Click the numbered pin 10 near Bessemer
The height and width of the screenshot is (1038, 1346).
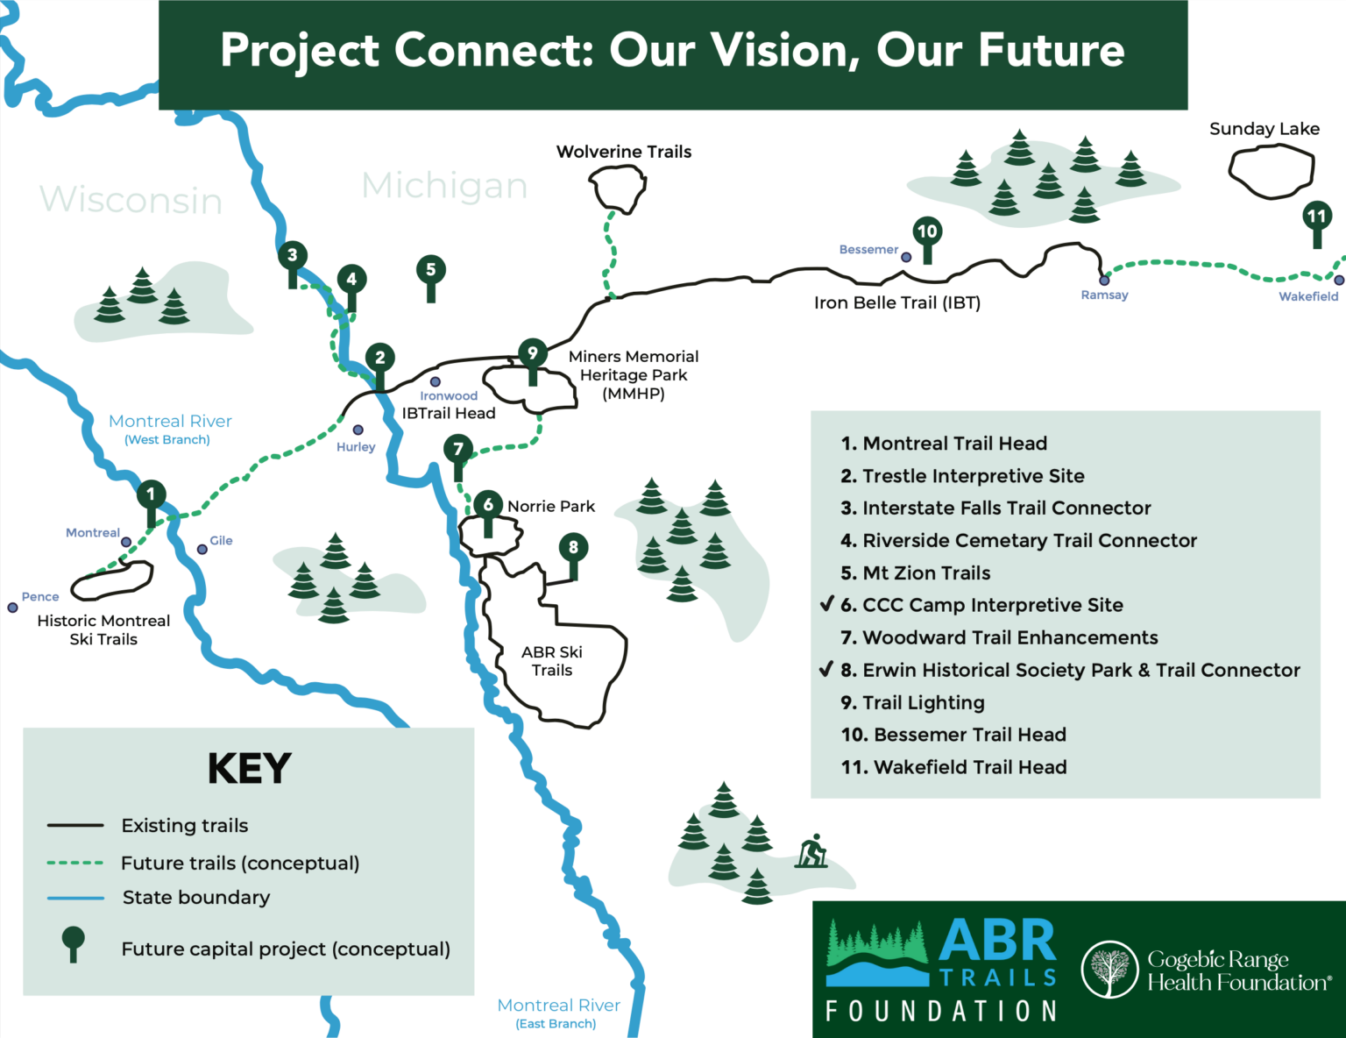click(x=927, y=232)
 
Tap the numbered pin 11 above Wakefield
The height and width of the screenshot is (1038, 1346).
click(x=1316, y=217)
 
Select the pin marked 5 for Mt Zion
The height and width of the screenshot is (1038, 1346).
click(x=430, y=270)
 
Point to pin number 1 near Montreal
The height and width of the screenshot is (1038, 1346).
click(x=151, y=494)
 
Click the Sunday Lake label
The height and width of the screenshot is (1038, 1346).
click(x=1264, y=129)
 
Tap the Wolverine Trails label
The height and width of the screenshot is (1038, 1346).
click(x=623, y=152)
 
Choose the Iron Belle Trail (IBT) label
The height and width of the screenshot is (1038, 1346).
click(x=896, y=303)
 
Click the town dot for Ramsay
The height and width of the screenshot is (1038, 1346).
click(x=1104, y=281)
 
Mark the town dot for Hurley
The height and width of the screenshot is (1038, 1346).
click(x=358, y=430)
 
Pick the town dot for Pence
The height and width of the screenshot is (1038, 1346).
click(x=12, y=608)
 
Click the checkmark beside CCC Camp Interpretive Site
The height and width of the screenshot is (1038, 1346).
click(x=826, y=604)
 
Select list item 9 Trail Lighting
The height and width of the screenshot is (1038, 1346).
click(x=912, y=702)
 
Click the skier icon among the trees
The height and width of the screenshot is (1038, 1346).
click(x=812, y=851)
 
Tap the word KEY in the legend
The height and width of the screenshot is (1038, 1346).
click(x=249, y=769)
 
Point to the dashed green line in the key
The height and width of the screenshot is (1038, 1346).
click(x=75, y=863)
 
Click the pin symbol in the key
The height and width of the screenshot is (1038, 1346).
click(x=74, y=943)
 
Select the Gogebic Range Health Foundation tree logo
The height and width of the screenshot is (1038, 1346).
click(x=1109, y=970)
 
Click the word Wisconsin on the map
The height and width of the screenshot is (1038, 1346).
click(x=131, y=200)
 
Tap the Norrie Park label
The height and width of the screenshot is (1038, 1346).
click(x=550, y=506)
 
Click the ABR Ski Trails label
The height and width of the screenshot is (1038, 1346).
click(x=551, y=661)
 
